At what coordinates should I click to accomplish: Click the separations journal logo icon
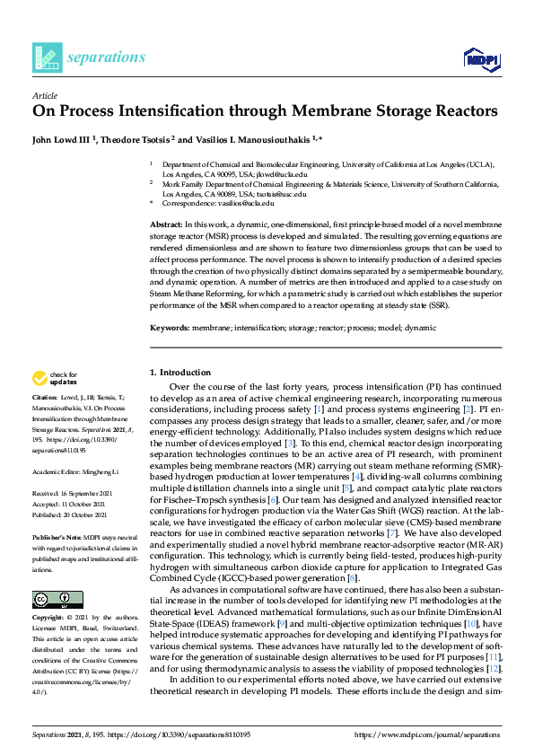(48, 57)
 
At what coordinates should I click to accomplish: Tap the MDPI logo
(480, 59)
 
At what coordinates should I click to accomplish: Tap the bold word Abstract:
(166, 224)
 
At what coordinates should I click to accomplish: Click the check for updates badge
(54, 378)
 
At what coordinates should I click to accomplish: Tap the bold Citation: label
(45, 396)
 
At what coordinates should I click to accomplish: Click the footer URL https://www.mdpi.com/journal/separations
(427, 734)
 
